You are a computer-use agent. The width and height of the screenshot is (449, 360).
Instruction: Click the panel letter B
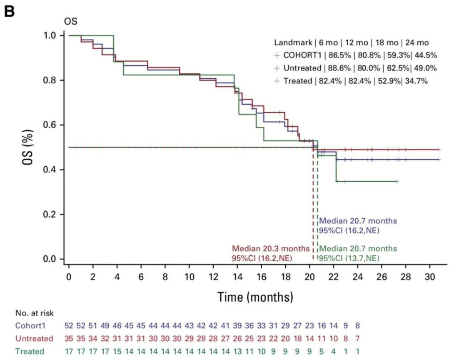(x=9, y=11)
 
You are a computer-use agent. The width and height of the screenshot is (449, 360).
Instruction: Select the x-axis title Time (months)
(x=254, y=297)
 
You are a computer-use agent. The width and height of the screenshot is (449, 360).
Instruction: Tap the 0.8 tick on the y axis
(x=51, y=80)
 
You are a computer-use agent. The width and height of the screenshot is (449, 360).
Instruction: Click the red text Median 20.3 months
(x=271, y=249)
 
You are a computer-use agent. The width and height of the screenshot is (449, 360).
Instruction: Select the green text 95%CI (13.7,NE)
(x=349, y=258)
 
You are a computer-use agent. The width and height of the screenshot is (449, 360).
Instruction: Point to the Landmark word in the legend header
(x=289, y=42)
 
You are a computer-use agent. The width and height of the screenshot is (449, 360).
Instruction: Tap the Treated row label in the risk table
(x=29, y=351)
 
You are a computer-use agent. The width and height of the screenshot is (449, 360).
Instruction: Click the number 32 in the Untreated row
(x=106, y=338)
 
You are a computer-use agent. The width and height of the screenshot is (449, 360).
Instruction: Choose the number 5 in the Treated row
(x=322, y=351)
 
